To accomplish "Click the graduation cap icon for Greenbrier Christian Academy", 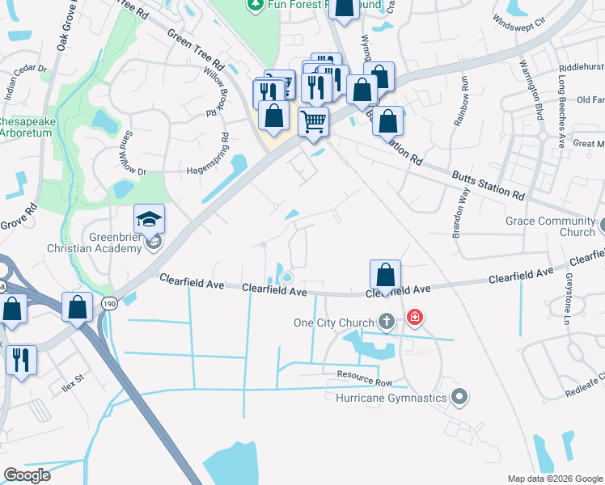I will click(x=149, y=219).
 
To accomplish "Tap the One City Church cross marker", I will click(x=386, y=323).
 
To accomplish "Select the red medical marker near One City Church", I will click(x=415, y=317).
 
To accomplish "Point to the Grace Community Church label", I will click(x=550, y=226).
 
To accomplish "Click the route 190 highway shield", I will click(x=108, y=304).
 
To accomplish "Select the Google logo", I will click(x=27, y=475).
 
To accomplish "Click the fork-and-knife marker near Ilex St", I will click(x=21, y=360).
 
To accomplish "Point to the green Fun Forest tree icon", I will click(x=256, y=4).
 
